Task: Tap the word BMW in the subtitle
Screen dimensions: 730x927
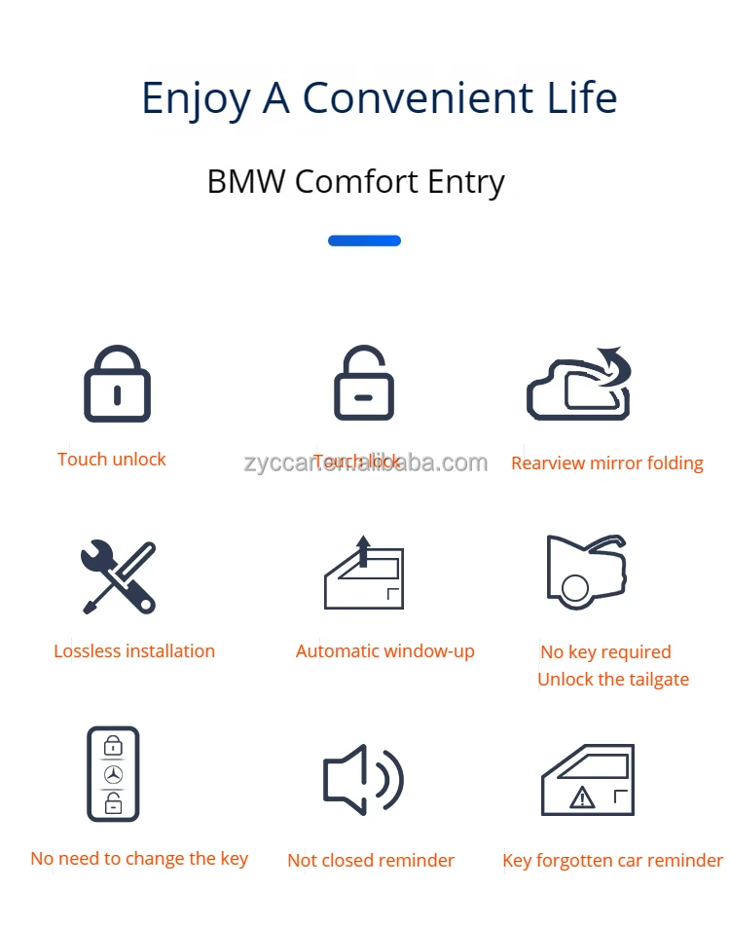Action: click(245, 182)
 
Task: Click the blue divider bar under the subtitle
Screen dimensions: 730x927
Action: click(364, 241)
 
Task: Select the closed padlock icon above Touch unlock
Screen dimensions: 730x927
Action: click(117, 384)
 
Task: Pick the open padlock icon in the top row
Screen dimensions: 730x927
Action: click(363, 384)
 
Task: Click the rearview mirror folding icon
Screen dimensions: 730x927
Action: click(580, 385)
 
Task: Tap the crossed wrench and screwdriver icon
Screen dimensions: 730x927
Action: click(118, 576)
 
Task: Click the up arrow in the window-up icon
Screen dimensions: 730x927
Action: click(364, 550)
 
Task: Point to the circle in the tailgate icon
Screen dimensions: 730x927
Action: click(574, 588)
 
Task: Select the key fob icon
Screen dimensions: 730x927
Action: click(113, 774)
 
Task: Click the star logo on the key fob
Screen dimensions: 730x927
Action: click(113, 775)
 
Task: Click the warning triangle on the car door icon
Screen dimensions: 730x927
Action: click(582, 798)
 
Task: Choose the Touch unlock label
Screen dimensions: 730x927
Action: click(112, 460)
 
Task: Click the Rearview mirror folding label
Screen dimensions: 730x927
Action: click(607, 463)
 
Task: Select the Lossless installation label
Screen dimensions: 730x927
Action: click(134, 651)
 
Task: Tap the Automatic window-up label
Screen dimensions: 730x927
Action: click(385, 651)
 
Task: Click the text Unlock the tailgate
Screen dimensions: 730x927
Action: click(613, 680)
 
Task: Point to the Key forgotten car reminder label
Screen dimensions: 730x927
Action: click(612, 861)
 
